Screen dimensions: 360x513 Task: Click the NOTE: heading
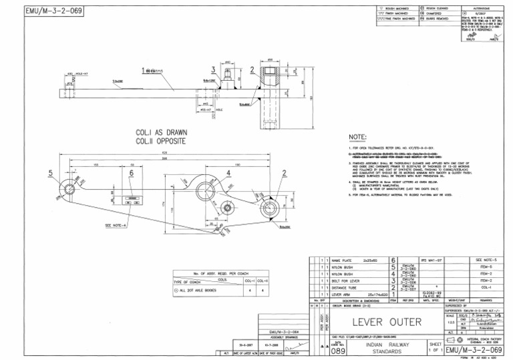359,137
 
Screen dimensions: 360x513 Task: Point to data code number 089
339,349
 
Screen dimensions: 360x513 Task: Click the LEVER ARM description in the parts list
342,294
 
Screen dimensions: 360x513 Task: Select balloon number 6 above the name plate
132,173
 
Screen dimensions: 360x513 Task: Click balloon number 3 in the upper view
213,69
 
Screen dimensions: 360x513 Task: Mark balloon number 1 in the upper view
142,69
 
